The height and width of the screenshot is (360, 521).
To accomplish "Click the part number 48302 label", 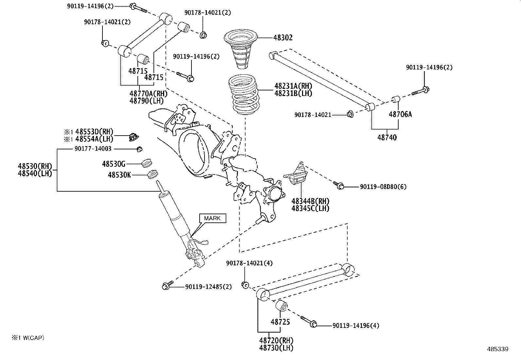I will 283,38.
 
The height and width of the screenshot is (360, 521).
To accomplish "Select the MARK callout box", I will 212,218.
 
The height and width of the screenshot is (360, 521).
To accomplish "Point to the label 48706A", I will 400,114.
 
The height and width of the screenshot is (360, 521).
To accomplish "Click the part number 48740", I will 387,138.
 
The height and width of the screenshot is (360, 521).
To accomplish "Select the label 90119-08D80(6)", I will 383,187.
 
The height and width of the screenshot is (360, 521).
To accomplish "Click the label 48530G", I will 114,163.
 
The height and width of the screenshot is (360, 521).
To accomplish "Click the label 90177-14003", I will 93,149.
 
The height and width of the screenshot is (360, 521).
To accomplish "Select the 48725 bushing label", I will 280,322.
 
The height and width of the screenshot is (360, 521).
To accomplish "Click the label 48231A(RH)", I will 293,86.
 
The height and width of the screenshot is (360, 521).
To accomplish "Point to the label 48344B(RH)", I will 310,201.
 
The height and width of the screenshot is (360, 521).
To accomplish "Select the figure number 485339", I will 497,350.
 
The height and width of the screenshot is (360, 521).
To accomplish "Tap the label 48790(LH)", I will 146,101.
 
